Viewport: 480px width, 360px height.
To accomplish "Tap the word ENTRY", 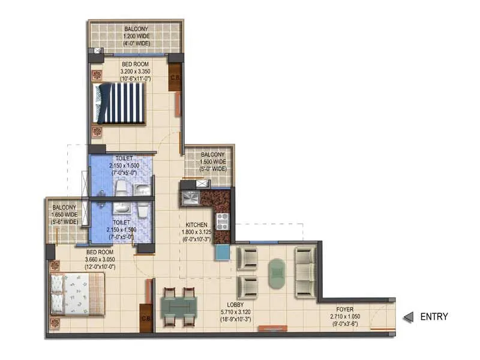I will [434, 317].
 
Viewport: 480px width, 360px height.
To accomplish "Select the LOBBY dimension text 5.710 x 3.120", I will [235, 320].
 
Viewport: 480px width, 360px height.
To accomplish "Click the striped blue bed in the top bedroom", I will [120, 103].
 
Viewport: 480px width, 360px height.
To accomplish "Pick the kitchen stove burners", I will [221, 221].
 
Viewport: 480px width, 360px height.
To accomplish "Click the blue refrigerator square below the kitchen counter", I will [222, 253].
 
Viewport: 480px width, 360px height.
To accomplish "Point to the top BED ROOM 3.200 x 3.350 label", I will [136, 69].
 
